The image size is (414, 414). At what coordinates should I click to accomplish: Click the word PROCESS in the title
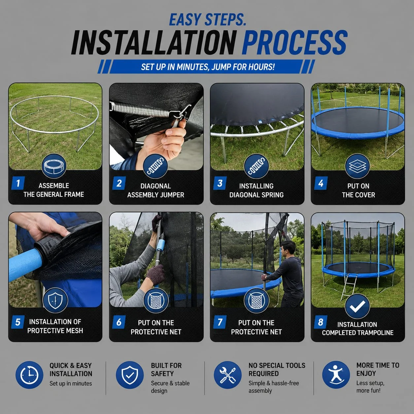click(294, 43)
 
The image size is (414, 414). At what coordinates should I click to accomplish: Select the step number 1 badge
click(18, 183)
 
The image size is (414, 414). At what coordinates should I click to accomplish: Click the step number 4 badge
click(321, 183)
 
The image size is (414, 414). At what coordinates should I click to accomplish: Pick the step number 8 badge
click(321, 322)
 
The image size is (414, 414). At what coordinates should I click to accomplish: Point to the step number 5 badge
click(18, 322)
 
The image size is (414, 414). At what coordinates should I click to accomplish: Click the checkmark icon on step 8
click(357, 306)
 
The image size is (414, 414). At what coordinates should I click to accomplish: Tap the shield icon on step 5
click(55, 300)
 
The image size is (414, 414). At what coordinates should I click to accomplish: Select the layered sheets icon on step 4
click(357, 166)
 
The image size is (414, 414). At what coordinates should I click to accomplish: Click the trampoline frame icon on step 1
click(54, 166)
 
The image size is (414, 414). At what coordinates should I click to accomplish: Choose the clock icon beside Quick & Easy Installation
click(29, 375)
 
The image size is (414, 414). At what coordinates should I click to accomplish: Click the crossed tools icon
click(228, 375)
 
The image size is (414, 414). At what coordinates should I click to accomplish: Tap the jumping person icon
click(336, 375)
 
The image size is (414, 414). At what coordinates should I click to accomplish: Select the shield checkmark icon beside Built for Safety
click(130, 375)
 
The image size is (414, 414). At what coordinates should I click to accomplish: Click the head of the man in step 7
click(289, 247)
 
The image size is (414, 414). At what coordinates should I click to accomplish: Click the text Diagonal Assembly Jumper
click(155, 190)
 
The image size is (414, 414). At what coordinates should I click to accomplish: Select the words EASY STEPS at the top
click(207, 20)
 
